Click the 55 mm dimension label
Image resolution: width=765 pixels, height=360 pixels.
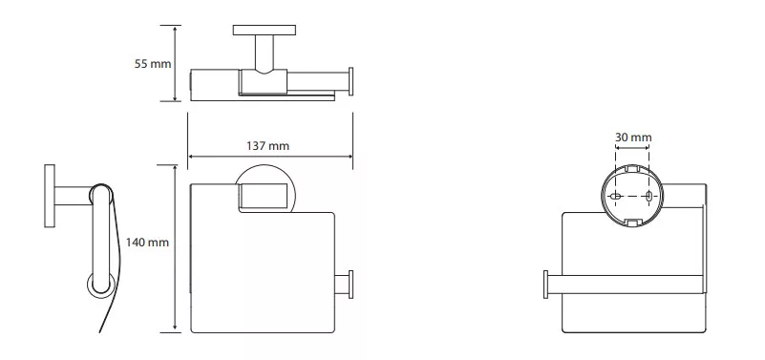click(153, 63)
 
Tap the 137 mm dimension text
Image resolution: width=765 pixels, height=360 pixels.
click(267, 146)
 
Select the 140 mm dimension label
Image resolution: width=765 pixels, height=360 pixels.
click(147, 242)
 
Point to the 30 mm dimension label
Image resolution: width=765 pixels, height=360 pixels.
click(633, 138)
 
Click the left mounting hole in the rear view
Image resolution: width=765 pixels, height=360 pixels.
click(616, 196)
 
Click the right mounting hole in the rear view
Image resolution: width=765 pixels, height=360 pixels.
click(648, 196)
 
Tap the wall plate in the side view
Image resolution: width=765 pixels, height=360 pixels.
click(50, 196)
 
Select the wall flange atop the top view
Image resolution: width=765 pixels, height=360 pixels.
click(265, 31)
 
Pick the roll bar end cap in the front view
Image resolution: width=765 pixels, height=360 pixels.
click(351, 284)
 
